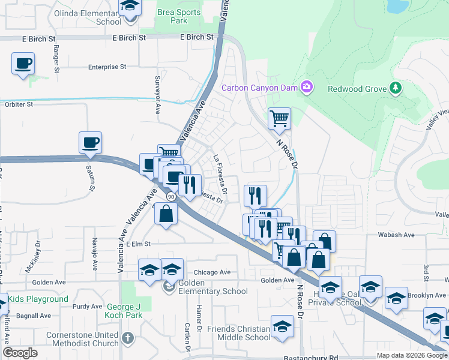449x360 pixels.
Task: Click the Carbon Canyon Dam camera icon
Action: [307, 88]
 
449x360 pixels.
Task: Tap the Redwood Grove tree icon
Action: [395, 89]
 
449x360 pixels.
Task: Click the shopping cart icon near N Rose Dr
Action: [279, 118]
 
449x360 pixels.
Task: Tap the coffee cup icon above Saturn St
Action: [90, 142]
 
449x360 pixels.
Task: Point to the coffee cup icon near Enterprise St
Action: [23, 63]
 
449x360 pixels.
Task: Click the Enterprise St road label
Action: [107, 68]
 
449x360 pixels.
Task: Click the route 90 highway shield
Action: [171, 196]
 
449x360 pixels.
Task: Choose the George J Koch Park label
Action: [116, 311]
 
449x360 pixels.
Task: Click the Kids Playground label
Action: [38, 299]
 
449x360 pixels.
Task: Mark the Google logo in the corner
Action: [20, 353]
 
